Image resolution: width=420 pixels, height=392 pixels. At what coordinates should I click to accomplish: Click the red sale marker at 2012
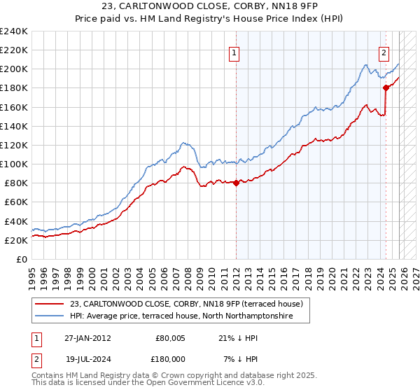pos(236,183)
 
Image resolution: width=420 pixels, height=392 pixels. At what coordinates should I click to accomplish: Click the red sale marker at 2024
pos(386,87)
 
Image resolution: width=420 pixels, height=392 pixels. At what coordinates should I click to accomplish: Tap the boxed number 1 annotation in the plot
pos(234,51)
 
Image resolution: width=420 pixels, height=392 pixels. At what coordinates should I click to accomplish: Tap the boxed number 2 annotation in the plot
pos(384,51)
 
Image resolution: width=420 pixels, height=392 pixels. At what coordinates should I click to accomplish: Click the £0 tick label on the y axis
pos(21,259)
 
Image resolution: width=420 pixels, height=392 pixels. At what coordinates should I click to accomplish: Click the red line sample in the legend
pos(50,304)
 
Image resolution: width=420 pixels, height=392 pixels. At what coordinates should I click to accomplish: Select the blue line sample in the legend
pos(50,316)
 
